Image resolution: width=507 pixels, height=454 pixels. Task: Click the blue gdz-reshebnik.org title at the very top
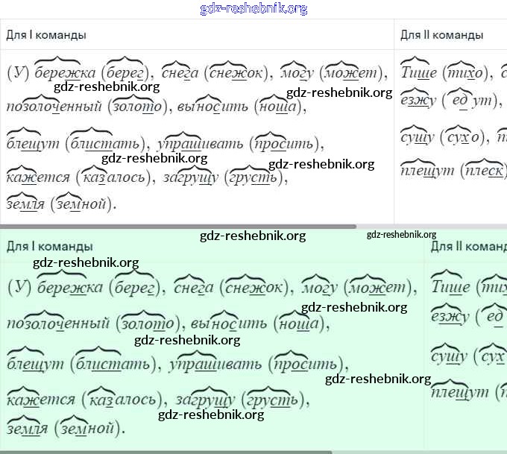click(253, 9)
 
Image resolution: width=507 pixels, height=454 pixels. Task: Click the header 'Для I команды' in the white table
click(45, 35)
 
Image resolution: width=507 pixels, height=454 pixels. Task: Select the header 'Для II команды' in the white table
click(441, 35)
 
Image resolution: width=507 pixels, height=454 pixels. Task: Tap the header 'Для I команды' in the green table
click(49, 246)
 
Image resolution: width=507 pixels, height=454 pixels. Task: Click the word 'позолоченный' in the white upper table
click(53, 107)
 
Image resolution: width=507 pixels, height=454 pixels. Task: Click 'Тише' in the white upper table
click(418, 73)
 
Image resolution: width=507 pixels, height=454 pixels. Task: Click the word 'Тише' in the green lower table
click(450, 287)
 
